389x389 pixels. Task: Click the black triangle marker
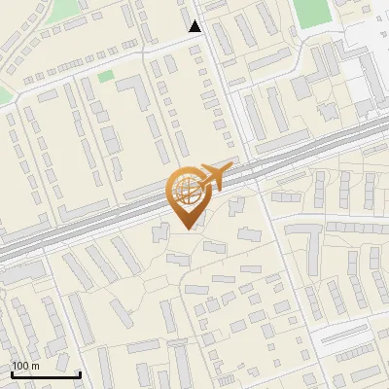tap(195, 26)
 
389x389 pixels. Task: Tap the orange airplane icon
tap(215, 177)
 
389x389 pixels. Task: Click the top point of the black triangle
tap(195, 19)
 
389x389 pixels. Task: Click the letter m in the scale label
tap(34, 366)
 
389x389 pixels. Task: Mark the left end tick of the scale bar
tap(12, 372)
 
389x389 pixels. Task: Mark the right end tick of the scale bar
tap(80, 372)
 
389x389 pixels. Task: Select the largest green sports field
tap(312, 12)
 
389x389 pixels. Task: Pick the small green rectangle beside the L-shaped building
tap(105, 76)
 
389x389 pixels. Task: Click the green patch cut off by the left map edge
tap(4, 94)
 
